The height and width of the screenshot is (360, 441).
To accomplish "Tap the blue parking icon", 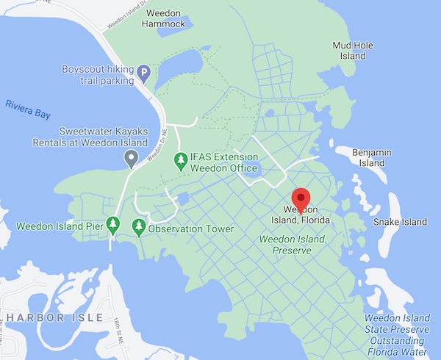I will [x=145, y=73].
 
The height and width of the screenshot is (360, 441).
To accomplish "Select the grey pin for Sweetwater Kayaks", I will [x=131, y=157].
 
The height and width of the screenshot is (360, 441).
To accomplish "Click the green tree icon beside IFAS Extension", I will [x=179, y=158].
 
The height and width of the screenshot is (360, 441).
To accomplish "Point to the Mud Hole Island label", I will [x=353, y=50].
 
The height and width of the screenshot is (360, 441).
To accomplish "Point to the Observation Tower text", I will [x=191, y=229].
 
